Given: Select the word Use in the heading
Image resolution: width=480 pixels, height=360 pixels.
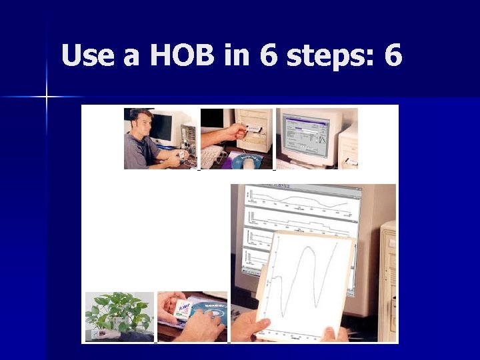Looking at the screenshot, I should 89,57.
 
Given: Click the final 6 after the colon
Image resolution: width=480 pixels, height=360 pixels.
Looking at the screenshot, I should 393,57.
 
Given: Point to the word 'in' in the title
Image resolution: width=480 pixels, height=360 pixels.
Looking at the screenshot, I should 236,57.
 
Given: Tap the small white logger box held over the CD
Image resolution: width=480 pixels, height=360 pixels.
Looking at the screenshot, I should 182,308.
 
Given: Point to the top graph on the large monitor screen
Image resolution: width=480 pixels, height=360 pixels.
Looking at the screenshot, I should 300,199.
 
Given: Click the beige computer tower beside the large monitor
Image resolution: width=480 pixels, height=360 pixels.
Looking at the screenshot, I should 388,280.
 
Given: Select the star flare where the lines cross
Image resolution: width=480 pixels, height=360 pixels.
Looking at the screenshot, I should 47,97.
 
